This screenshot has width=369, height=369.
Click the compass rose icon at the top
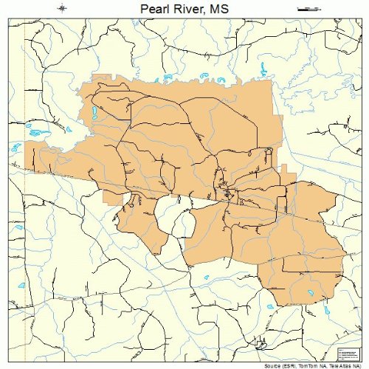(x=63, y=8)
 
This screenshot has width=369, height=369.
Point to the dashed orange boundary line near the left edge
(x=24, y=89)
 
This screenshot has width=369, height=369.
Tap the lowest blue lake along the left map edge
(x=22, y=284)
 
